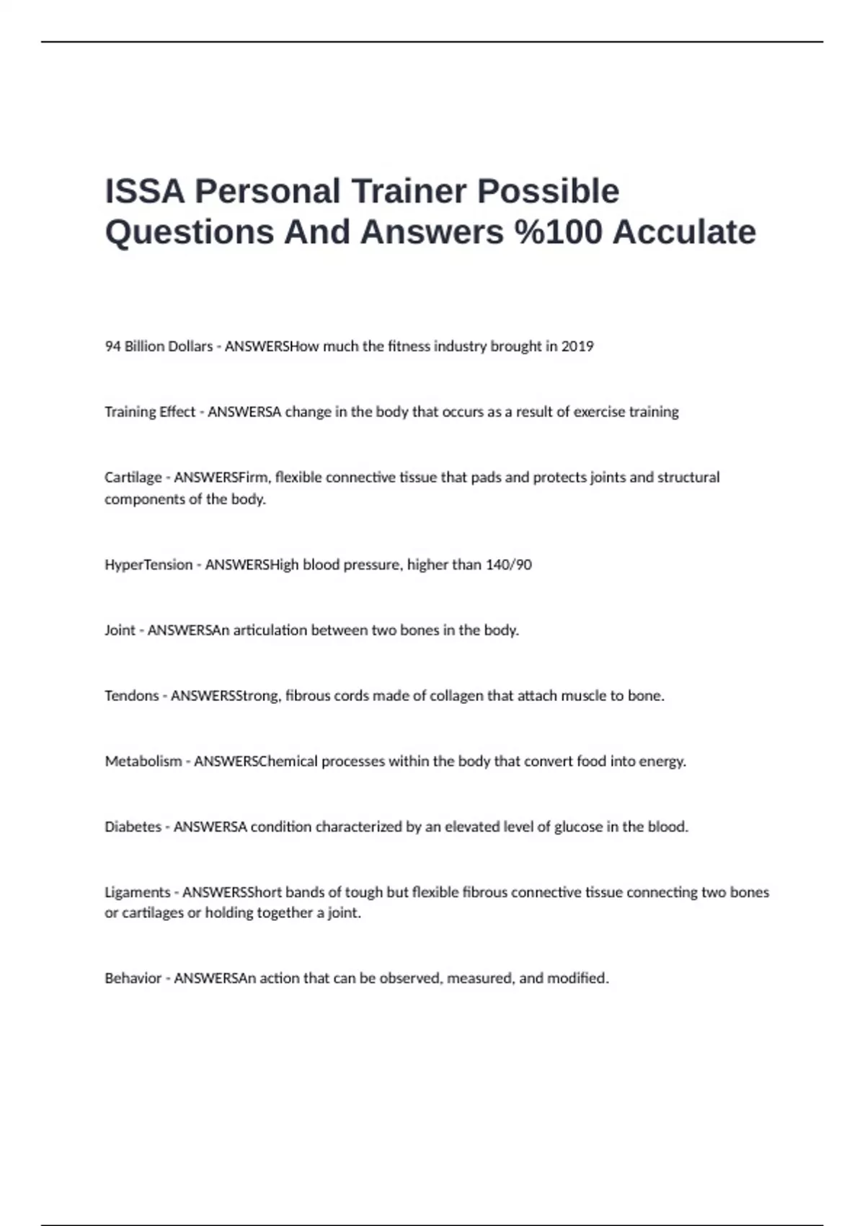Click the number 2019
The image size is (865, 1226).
tap(577, 347)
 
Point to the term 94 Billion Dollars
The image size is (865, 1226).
tap(159, 347)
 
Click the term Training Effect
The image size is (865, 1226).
tap(150, 413)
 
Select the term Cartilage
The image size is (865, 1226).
tap(133, 477)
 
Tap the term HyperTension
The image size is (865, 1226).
tap(148, 565)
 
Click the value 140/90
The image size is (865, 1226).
tap(509, 565)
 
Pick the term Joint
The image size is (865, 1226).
tap(120, 630)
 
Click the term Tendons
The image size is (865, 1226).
tap(132, 696)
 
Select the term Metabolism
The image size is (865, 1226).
tap(143, 762)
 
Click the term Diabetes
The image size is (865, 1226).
tap(133, 827)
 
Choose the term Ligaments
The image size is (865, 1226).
tap(138, 893)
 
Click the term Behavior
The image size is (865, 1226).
tap(133, 979)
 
